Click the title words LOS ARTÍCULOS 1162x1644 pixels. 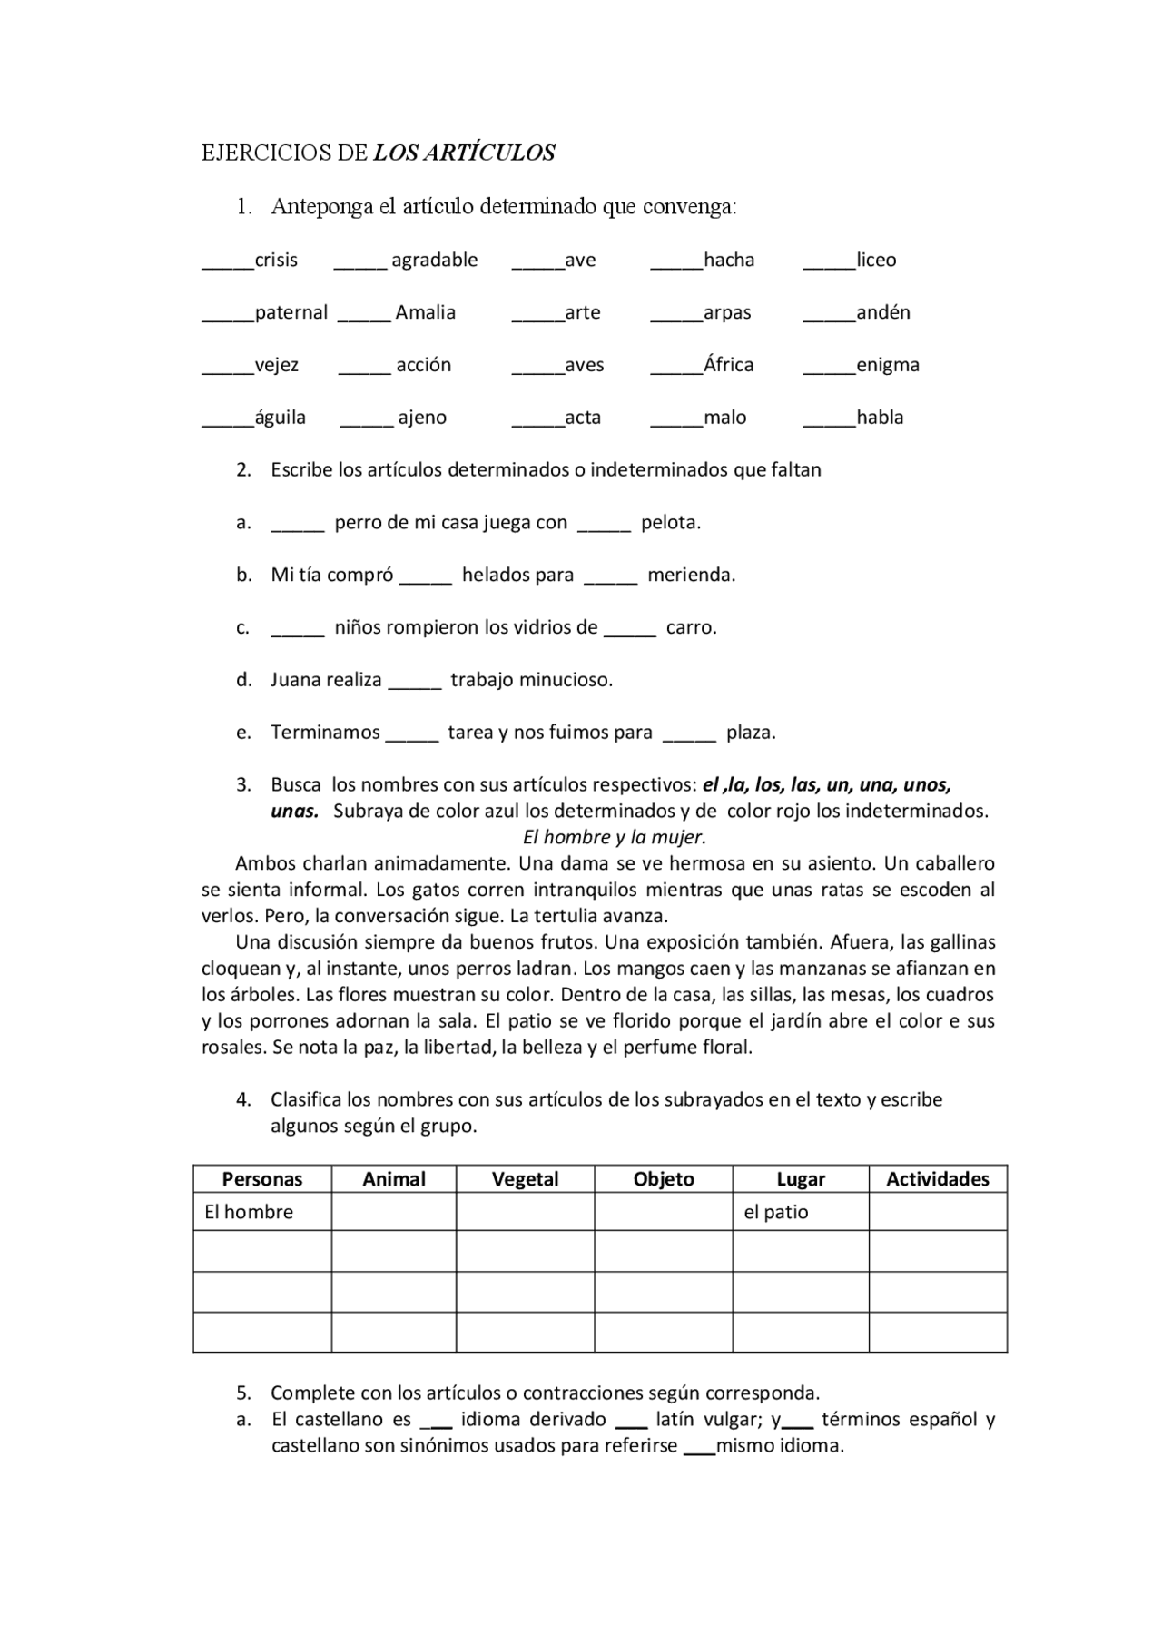464,153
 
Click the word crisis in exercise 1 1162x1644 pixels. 276,261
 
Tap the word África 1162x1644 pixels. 728,365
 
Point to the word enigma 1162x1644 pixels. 887,365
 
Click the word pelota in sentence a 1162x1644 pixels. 670,523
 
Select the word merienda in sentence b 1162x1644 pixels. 691,576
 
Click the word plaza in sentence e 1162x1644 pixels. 751,733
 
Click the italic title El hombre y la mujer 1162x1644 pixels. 615,837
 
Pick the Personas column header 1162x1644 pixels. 262,1179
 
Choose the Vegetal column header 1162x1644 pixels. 525,1179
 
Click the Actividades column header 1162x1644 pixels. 938,1179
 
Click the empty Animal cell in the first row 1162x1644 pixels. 393,1212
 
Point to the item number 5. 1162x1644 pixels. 243,1393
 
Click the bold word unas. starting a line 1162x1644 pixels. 294,812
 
